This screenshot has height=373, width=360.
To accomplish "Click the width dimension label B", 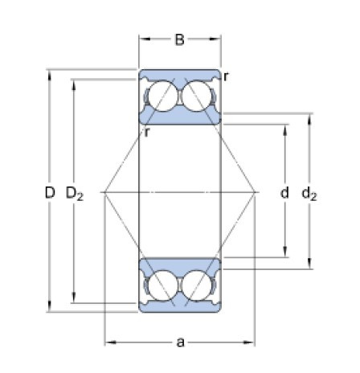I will [x=181, y=38].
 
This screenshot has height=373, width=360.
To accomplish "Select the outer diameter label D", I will [x=50, y=193].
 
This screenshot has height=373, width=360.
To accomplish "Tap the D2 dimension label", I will [x=75, y=193].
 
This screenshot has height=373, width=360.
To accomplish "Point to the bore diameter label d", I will [x=284, y=193].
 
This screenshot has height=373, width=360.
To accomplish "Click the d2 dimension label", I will [x=309, y=193].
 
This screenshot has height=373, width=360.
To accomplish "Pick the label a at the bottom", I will [x=181, y=342].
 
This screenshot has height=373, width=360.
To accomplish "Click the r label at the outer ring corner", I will [x=227, y=76].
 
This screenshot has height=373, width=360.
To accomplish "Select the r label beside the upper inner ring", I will [x=147, y=132].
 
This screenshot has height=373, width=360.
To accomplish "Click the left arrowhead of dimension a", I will [x=108, y=342].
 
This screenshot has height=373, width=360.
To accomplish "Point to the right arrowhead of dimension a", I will [x=252, y=342].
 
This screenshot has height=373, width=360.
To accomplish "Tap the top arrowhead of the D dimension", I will [x=50, y=75].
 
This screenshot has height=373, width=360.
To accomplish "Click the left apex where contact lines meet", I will [x=105, y=192].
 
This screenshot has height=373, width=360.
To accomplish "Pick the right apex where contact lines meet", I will [x=256, y=192].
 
